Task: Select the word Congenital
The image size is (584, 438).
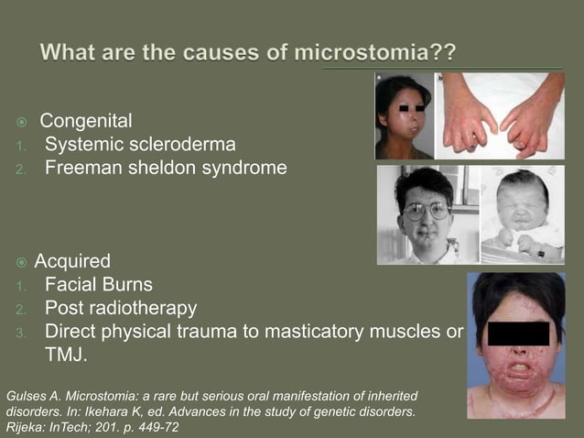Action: pyautogui.click(x=86, y=121)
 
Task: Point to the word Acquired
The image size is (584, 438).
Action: pyautogui.click(x=72, y=261)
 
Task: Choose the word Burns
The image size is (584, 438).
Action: pyautogui.click(x=126, y=285)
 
